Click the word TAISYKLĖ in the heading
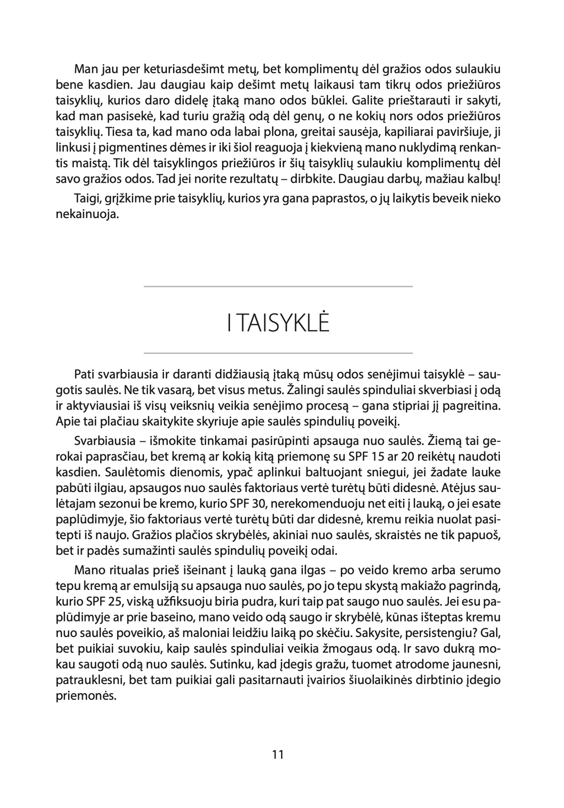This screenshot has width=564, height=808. click(283, 324)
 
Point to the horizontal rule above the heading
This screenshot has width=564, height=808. click(278, 287)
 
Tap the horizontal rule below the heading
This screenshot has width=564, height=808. click(278, 353)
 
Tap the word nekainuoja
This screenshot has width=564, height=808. click(87, 214)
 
